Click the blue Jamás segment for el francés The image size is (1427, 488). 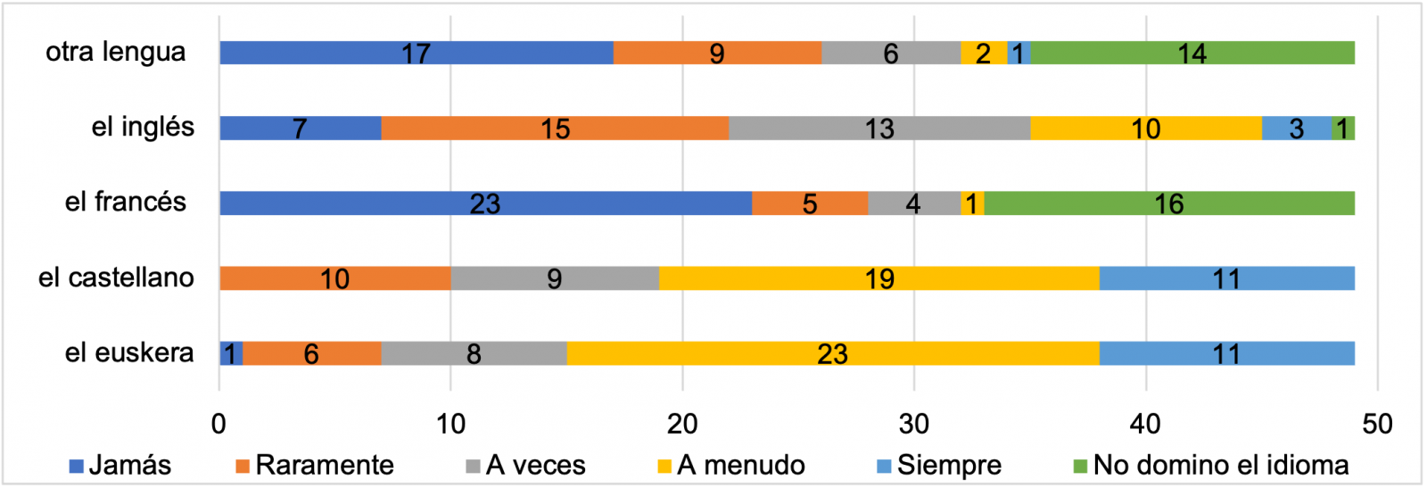[485, 203]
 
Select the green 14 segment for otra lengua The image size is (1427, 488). [1192, 53]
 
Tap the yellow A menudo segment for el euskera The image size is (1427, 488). [832, 353]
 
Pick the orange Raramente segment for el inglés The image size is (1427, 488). [555, 128]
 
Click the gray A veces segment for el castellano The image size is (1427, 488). [555, 278]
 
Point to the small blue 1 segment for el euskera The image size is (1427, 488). [231, 353]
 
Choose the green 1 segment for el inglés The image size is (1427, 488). [1343, 128]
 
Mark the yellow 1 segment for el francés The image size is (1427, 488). [972, 203]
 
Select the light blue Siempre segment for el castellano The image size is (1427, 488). [1226, 278]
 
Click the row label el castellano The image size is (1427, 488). [116, 277]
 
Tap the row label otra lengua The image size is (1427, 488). [116, 52]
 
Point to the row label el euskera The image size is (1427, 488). [129, 352]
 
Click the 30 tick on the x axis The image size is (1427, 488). [914, 424]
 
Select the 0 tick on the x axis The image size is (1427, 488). [219, 424]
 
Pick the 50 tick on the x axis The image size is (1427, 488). [1377, 424]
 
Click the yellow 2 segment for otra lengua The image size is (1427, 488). [984, 53]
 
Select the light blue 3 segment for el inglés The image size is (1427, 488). [1297, 128]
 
